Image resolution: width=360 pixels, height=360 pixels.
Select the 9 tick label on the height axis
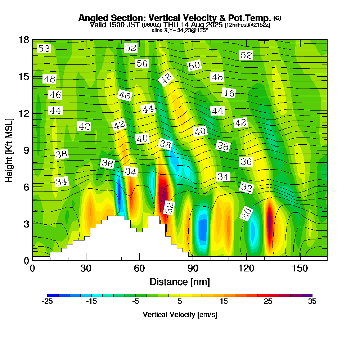(26, 150)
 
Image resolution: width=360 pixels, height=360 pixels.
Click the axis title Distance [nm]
(180, 282)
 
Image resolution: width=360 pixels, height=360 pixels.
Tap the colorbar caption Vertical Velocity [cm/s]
(180, 315)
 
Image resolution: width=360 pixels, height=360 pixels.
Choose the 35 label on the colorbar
(312, 302)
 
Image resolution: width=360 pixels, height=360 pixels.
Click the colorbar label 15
(224, 302)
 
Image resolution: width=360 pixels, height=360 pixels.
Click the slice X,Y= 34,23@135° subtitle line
(180, 30)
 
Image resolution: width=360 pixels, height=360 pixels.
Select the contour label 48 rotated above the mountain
(166, 79)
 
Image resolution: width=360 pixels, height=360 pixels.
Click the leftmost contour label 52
(44, 48)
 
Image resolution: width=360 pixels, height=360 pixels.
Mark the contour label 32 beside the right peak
(169, 208)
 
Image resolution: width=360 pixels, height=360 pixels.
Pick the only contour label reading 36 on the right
(246, 162)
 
